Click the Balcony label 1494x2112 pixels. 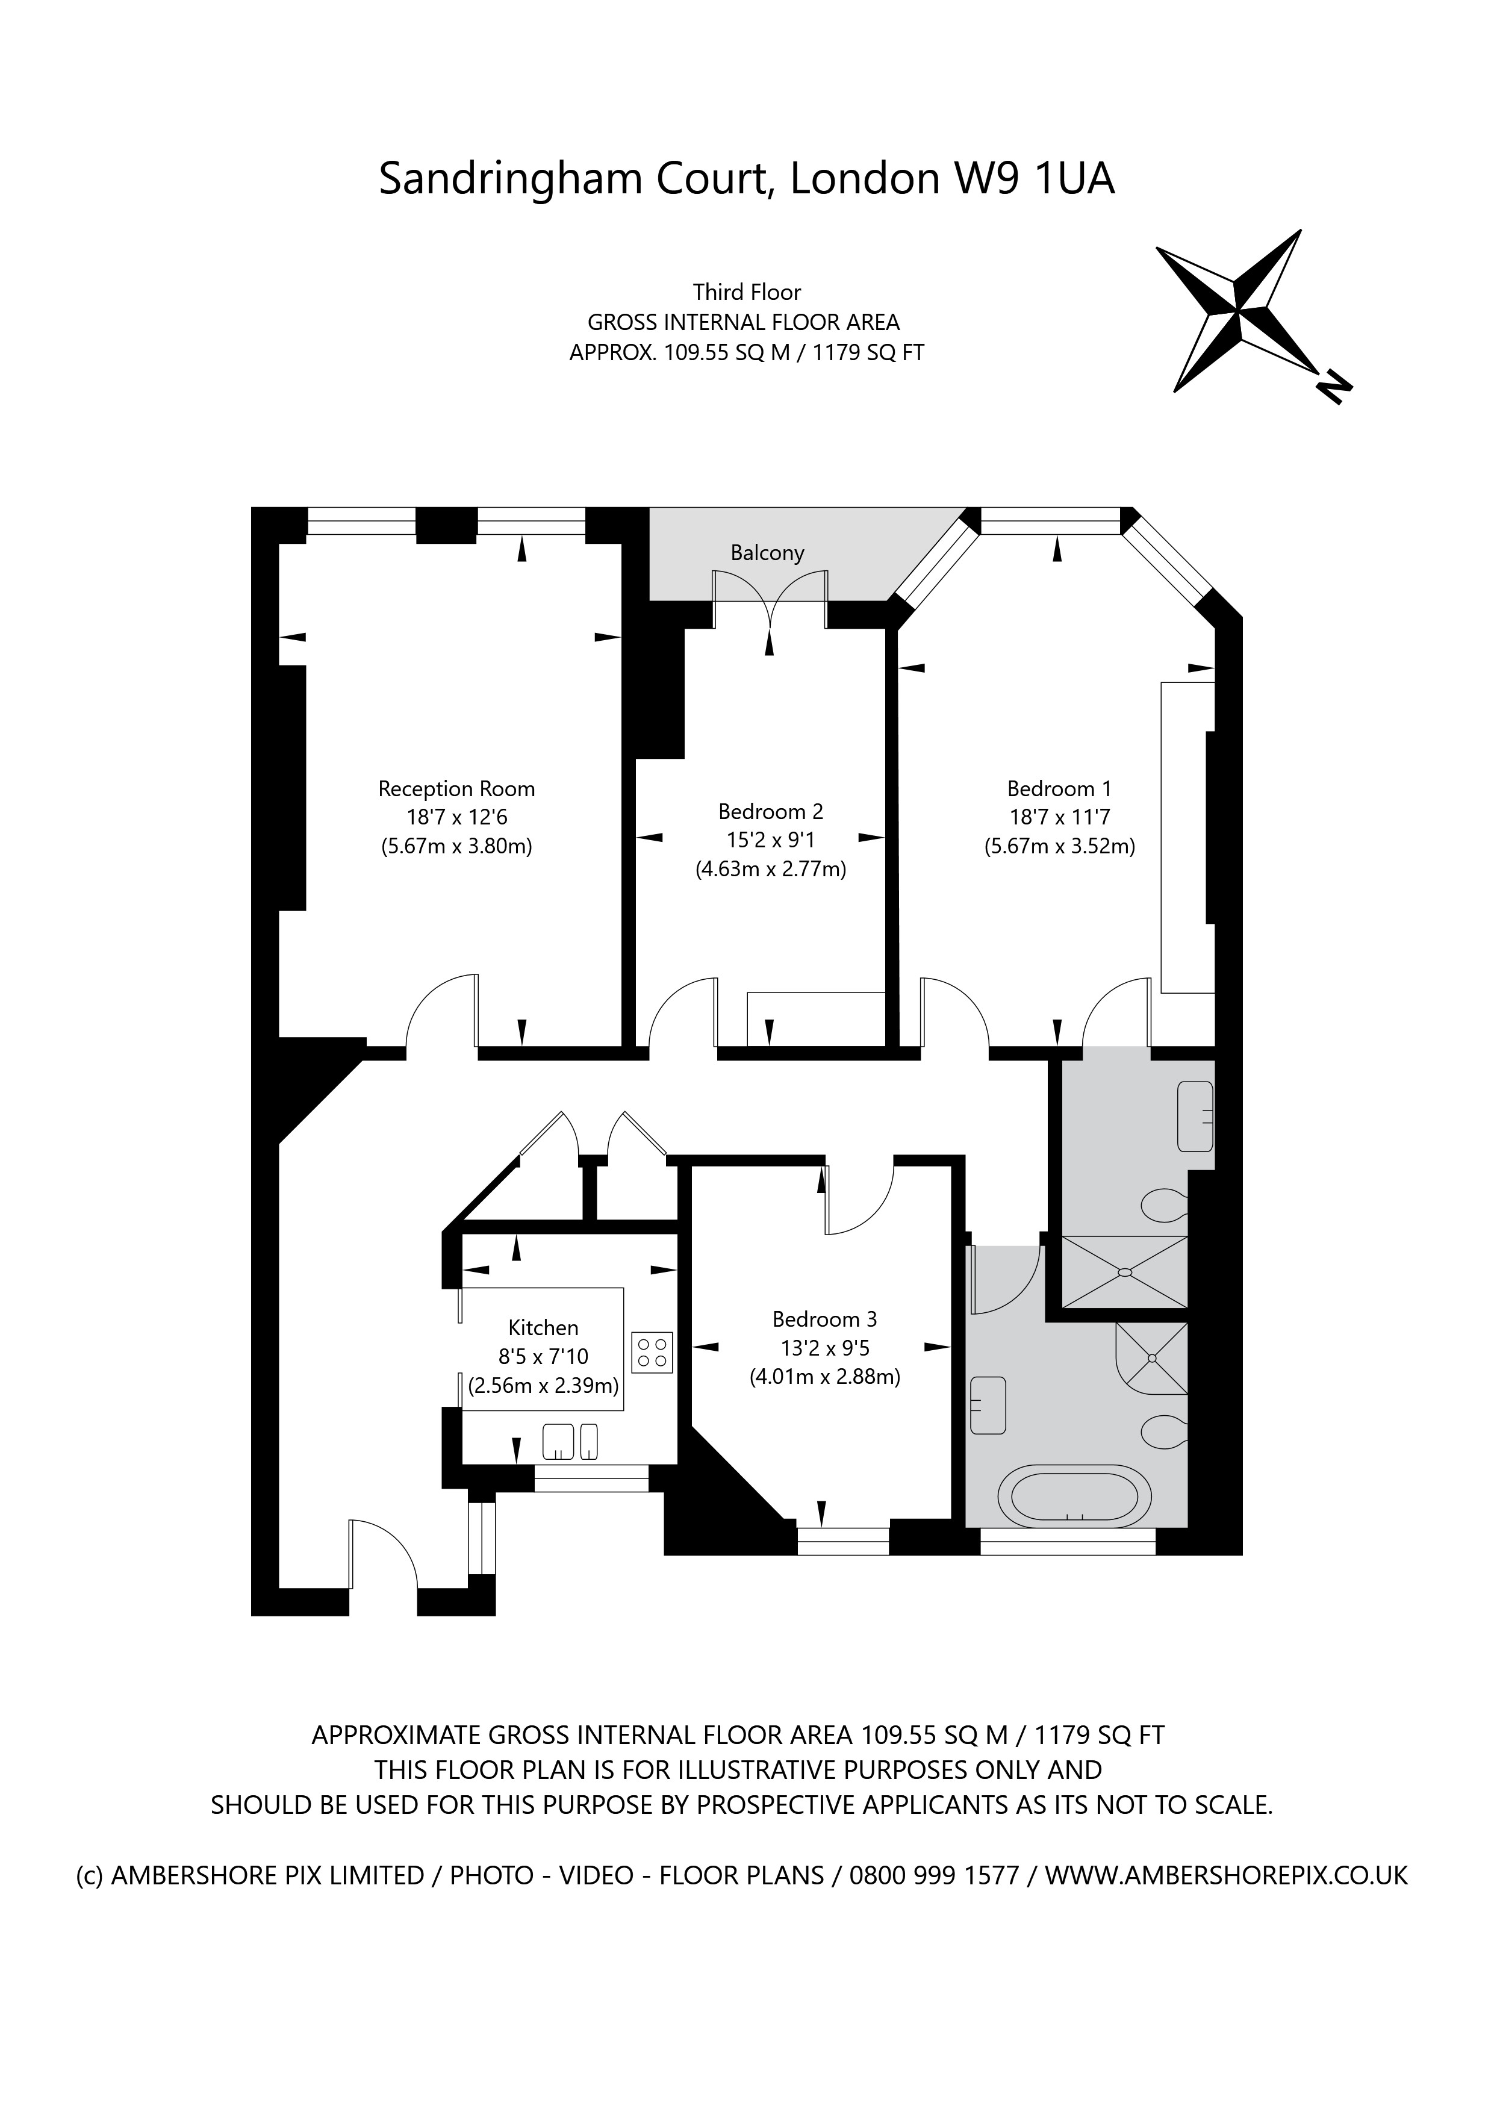[767, 553]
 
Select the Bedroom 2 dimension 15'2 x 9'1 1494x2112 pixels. [770, 840]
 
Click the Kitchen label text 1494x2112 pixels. [543, 1327]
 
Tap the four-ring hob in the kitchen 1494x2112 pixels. [652, 1352]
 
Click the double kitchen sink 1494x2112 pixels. [570, 1441]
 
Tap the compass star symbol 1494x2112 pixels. [1238, 308]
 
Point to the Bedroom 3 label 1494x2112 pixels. [824, 1319]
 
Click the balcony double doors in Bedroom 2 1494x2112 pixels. [770, 598]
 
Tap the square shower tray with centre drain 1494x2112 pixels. [1124, 1271]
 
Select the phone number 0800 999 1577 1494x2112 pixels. [934, 1875]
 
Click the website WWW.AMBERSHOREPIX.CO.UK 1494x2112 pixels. [1225, 1875]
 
